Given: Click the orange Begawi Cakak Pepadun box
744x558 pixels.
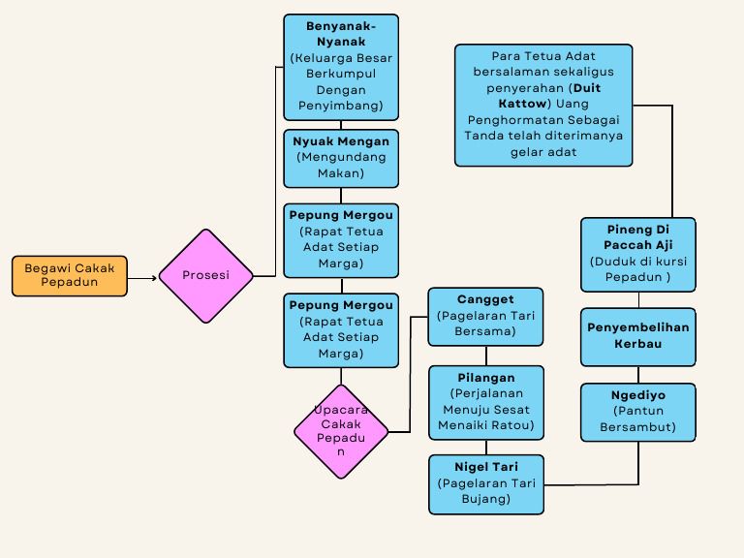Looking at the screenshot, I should point(70,275).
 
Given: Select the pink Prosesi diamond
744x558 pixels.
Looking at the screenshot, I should point(205,275).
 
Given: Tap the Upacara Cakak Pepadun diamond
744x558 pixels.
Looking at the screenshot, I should point(341,431).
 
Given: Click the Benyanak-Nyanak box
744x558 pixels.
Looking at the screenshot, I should point(341,67).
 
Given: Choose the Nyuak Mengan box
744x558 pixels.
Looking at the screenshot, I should point(341,158).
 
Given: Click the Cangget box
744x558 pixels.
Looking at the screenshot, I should point(485,316).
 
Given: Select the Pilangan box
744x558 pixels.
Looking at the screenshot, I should point(485,401).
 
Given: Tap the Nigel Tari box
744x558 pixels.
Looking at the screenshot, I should point(485,483).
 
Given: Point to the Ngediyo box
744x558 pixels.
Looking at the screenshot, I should point(638,412).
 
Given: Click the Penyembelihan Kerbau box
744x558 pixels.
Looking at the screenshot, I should point(638,336).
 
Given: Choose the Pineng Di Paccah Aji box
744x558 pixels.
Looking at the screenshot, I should point(638,254).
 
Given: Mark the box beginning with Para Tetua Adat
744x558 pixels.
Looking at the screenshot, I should point(542,105).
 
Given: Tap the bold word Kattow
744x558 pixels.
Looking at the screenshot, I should point(523,104).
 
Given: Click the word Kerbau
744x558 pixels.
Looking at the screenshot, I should point(638,344).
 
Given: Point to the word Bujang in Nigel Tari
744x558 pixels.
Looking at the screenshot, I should point(485,499).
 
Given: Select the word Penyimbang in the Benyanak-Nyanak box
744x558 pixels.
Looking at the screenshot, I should point(341,105).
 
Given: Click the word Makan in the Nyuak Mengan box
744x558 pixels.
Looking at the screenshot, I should point(341,173).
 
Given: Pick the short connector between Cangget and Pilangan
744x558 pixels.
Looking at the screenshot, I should point(485,356).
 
